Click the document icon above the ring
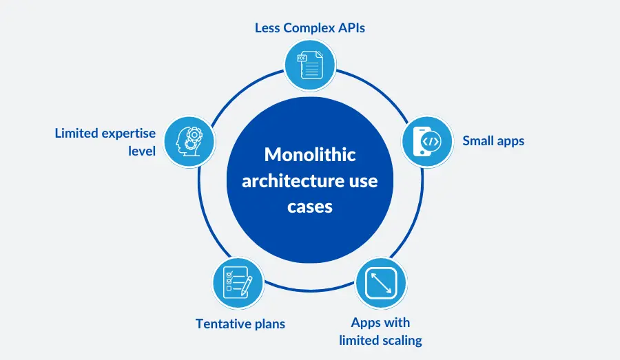coord(310,66)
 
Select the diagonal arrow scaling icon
coord(380,282)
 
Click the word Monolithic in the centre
coord(311,154)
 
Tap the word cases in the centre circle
coord(311,207)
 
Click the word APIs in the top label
coord(350,28)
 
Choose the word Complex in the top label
coord(307,28)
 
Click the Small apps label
coord(493,141)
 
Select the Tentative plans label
coord(240,323)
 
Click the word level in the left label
coord(142,150)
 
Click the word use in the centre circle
coord(364,180)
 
